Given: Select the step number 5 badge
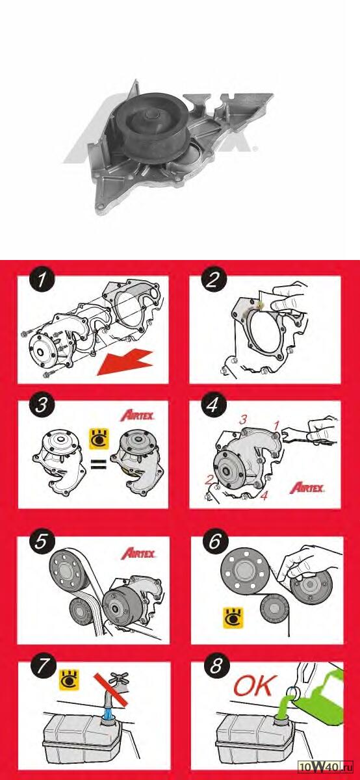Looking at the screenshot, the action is pos(42,542).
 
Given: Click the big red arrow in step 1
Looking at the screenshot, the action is pos(125,363).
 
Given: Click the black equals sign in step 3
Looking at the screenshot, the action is pos(99,464).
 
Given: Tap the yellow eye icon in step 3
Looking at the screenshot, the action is pos(99,439).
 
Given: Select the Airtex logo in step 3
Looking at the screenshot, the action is pos(137,415).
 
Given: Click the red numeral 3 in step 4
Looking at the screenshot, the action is pos(243,420).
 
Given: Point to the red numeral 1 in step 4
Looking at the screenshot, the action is pos(276,425).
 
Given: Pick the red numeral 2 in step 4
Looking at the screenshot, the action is pos(209,480).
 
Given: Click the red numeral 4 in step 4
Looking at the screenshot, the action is pos(264,495).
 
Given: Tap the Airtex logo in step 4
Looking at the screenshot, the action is pos(307,488).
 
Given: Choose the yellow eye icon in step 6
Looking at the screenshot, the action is pos(233,618).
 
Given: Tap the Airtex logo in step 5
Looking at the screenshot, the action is pos(138,553).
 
